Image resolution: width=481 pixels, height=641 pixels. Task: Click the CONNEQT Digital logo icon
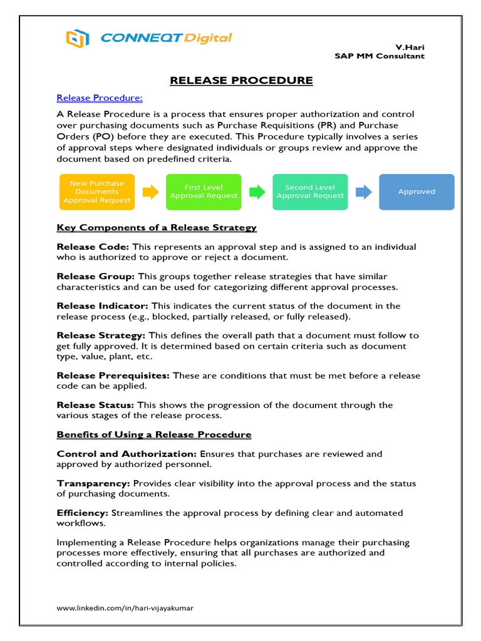click(x=77, y=38)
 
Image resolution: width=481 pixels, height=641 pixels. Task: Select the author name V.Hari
click(x=410, y=48)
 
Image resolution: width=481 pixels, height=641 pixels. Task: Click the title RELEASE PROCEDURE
click(x=241, y=80)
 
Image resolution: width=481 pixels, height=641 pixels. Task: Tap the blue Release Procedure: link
click(x=100, y=98)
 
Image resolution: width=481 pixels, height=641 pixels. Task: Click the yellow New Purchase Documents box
click(x=97, y=192)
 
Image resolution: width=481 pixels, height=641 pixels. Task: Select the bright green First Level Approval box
click(x=204, y=192)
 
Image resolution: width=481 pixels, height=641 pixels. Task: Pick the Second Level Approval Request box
click(x=310, y=192)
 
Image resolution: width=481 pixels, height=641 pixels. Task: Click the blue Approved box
click(x=416, y=192)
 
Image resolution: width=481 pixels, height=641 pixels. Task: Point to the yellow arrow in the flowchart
click(x=150, y=192)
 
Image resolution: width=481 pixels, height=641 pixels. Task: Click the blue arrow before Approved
click(x=364, y=192)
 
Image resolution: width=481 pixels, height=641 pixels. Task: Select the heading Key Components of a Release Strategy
click(x=157, y=227)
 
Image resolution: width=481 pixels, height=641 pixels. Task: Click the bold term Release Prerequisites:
click(x=113, y=376)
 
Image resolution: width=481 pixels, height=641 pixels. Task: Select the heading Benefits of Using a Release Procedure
click(x=154, y=434)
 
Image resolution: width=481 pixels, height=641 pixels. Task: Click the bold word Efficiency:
click(x=83, y=513)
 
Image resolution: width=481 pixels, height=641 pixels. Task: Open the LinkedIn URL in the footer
click(x=130, y=608)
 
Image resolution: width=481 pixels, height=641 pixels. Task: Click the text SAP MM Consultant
click(x=380, y=56)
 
